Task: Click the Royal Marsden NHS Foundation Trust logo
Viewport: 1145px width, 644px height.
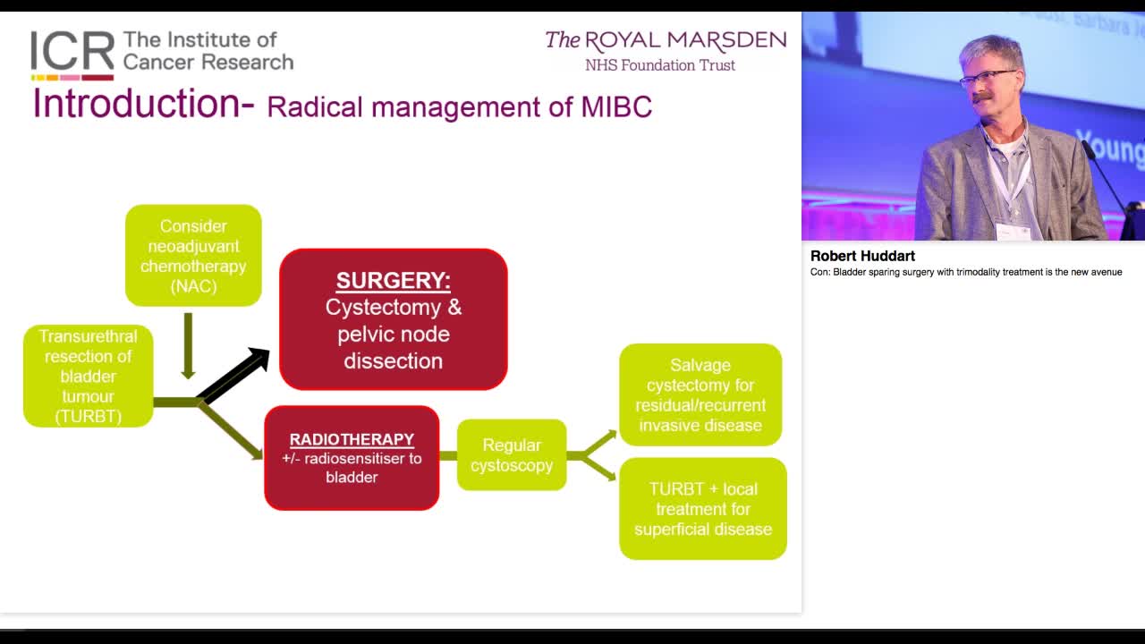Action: point(666,51)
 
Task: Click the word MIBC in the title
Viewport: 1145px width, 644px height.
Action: point(616,107)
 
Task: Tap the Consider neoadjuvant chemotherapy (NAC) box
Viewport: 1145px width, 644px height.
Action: point(193,256)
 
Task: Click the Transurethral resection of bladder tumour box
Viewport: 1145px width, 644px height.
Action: point(88,376)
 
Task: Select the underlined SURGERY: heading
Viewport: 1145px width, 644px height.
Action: point(393,280)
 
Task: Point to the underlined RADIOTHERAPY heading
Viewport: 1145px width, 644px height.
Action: point(352,439)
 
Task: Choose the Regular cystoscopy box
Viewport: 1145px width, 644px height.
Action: point(512,454)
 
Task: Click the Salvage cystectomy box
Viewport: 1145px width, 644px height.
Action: point(700,394)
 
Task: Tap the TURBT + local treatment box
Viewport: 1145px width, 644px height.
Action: point(703,509)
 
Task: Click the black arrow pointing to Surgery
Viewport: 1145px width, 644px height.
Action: point(235,375)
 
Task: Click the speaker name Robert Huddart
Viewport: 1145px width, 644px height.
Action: point(862,256)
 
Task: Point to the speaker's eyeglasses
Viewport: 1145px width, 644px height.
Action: point(987,79)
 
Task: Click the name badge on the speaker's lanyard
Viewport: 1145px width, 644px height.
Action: point(1013,231)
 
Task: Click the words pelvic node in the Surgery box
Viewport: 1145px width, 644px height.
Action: point(394,334)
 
